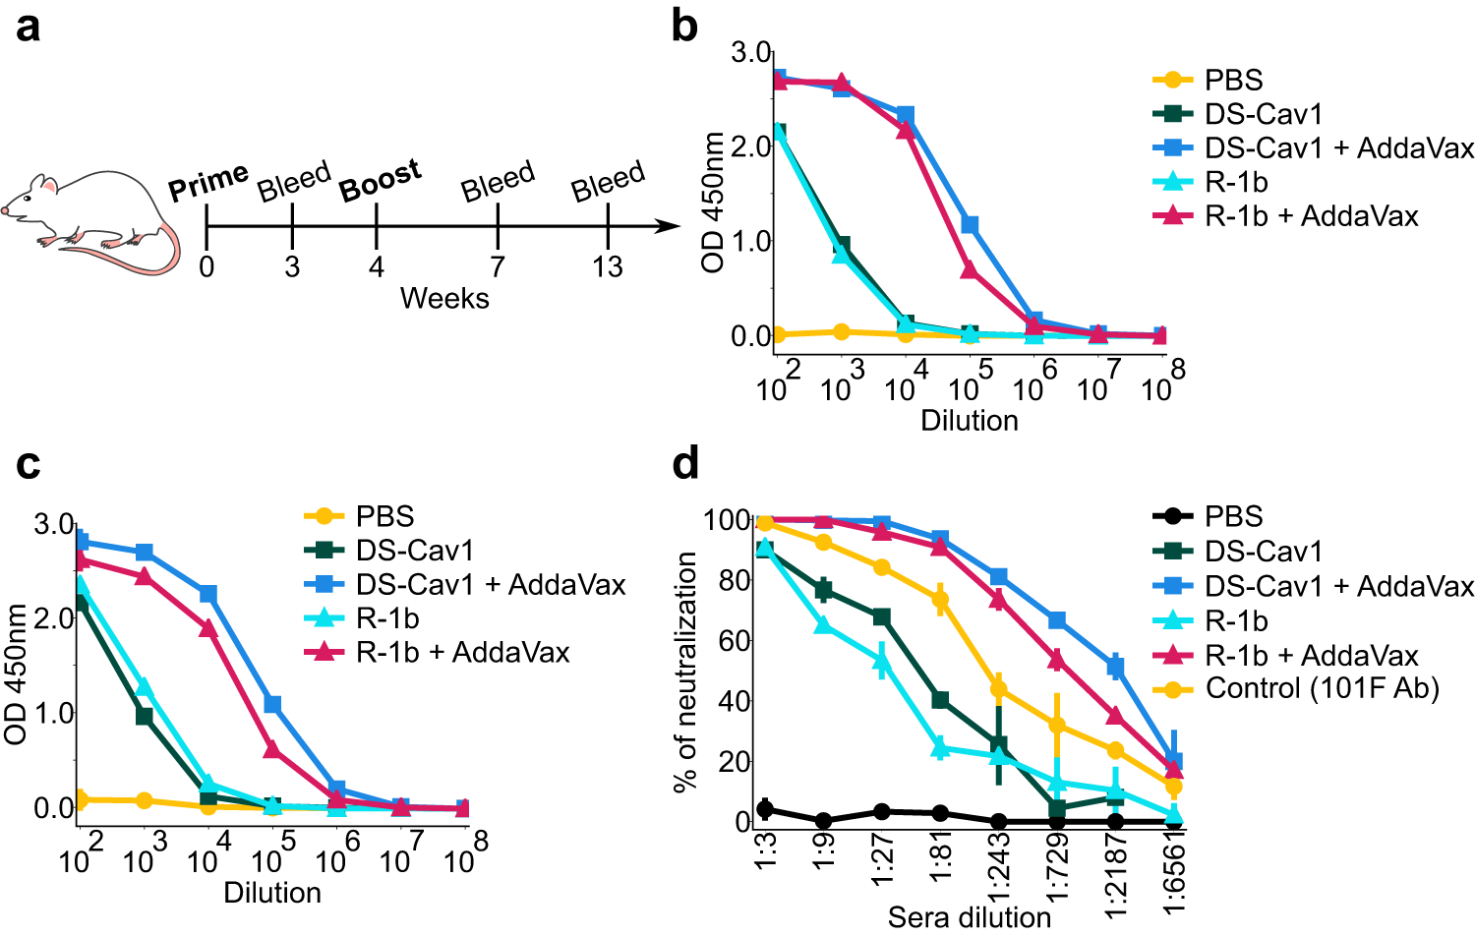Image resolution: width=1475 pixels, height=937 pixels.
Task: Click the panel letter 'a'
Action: pos(29,27)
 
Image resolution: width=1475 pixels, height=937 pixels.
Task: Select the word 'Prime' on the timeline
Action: pos(207,182)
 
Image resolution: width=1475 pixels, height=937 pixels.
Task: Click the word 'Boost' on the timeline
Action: pos(380,180)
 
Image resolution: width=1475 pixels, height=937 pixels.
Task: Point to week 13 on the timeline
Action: pos(607,266)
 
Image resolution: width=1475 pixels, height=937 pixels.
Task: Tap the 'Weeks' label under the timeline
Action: pos(444,298)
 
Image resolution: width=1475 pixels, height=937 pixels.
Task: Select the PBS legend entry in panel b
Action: pos(1233,80)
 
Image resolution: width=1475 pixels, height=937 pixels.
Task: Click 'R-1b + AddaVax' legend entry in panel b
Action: pos(1312,215)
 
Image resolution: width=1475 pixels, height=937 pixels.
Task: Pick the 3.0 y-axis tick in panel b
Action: pos(750,52)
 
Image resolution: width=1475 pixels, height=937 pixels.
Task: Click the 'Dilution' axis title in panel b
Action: pos(969,421)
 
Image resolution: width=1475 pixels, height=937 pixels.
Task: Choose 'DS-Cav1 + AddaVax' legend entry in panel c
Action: pos(490,584)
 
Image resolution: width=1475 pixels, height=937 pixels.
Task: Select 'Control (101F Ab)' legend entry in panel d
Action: pos(1323,688)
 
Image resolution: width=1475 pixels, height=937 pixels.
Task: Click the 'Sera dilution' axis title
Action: pos(969,917)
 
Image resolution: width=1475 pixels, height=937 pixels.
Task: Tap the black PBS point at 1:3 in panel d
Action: pos(765,809)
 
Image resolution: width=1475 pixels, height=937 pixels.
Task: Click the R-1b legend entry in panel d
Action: pos(1236,621)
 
